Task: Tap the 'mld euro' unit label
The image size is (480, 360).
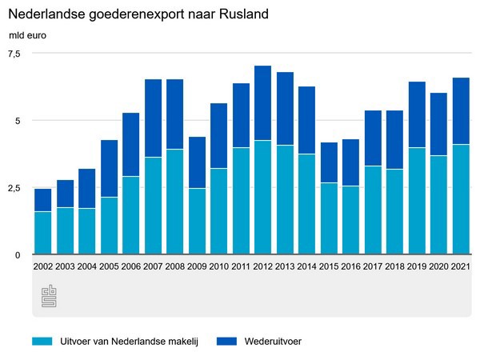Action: click(x=27, y=35)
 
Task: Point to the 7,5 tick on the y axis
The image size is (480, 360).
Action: click(x=15, y=54)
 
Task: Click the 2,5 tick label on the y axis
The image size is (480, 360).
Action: click(x=15, y=188)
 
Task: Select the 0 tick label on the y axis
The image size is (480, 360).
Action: click(x=18, y=255)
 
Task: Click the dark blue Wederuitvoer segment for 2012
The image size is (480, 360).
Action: click(x=263, y=103)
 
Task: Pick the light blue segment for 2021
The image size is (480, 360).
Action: click(x=461, y=199)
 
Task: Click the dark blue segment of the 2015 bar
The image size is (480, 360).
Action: click(x=330, y=162)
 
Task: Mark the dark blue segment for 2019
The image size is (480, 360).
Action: click(x=417, y=114)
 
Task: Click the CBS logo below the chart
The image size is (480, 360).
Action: click(x=48, y=296)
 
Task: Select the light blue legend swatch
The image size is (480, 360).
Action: click(x=42, y=341)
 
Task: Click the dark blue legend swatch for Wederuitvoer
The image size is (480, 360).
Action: click(x=227, y=341)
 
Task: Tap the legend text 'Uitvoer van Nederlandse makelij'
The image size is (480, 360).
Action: click(x=127, y=341)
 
